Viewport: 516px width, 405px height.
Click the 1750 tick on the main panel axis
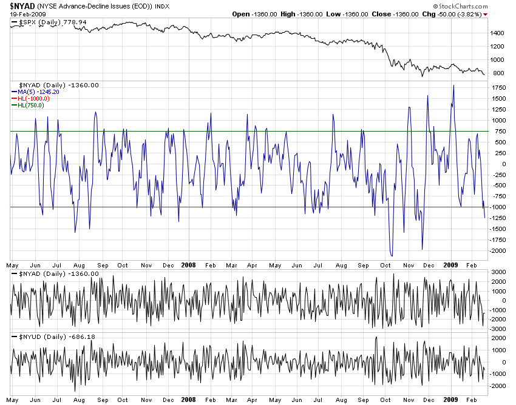pos(498,88)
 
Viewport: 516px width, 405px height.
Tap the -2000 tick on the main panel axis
pos(498,250)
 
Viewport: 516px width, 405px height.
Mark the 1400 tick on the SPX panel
pos(497,33)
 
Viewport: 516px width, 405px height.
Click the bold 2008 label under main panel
pos(189,265)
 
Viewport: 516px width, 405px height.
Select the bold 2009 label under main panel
pos(450,265)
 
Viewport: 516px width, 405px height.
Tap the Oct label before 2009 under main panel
pos(385,265)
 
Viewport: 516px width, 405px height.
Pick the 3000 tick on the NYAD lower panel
pos(498,272)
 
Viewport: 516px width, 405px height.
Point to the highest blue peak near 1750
pos(453,85)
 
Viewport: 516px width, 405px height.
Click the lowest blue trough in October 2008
pos(392,255)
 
